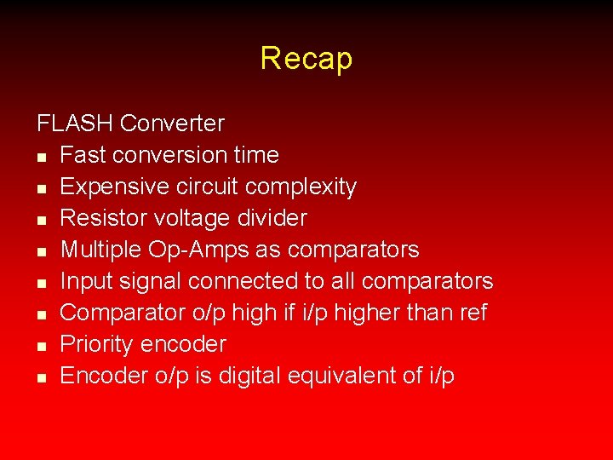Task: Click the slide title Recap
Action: pos(306,59)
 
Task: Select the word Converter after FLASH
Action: pos(172,124)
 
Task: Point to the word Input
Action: pos(82,281)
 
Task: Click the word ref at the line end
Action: pos(472,313)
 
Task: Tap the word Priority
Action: pos(97,345)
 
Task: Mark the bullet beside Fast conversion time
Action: pos(41,157)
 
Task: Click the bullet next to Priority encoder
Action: pos(41,346)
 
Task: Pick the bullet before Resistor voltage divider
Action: pos(41,220)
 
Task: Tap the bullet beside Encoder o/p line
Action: pos(41,377)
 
